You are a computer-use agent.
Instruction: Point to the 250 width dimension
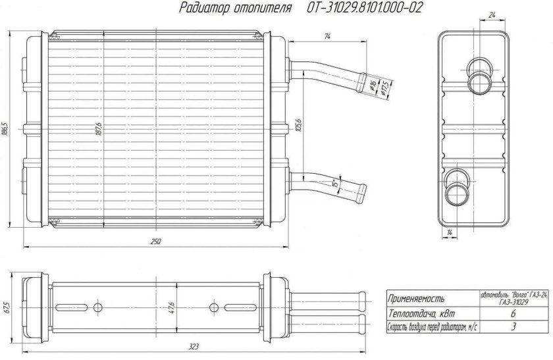[x=156, y=242]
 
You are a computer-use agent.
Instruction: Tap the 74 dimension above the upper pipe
[x=327, y=37]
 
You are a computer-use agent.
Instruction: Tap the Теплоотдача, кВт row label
[x=421, y=313]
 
